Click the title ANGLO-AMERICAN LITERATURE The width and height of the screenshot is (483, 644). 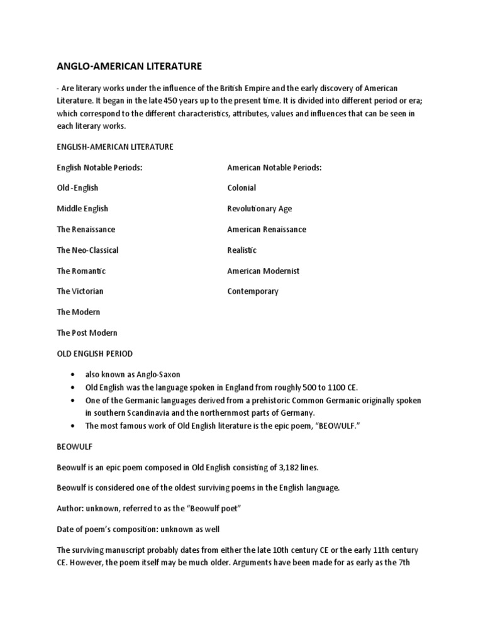click(130, 66)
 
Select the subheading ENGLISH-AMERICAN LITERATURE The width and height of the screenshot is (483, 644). click(114, 147)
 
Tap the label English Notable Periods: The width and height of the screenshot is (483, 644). click(99, 167)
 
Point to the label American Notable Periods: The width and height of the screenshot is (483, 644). click(274, 167)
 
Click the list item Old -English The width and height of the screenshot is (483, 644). click(77, 188)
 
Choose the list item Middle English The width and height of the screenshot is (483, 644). click(82, 209)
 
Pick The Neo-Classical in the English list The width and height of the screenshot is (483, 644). click(87, 250)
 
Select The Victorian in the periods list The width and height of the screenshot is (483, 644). click(80, 291)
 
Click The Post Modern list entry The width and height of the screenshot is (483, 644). click(87, 333)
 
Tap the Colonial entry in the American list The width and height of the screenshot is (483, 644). click(241, 188)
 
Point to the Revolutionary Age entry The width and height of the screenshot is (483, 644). click(259, 209)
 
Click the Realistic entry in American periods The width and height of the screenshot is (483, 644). click(242, 250)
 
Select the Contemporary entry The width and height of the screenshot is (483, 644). click(253, 291)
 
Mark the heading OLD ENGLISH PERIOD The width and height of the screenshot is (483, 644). click(94, 353)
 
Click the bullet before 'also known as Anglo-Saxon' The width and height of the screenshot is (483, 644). click(75, 374)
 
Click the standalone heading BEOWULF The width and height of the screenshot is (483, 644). click(75, 447)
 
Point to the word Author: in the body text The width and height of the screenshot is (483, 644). click(70, 509)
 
